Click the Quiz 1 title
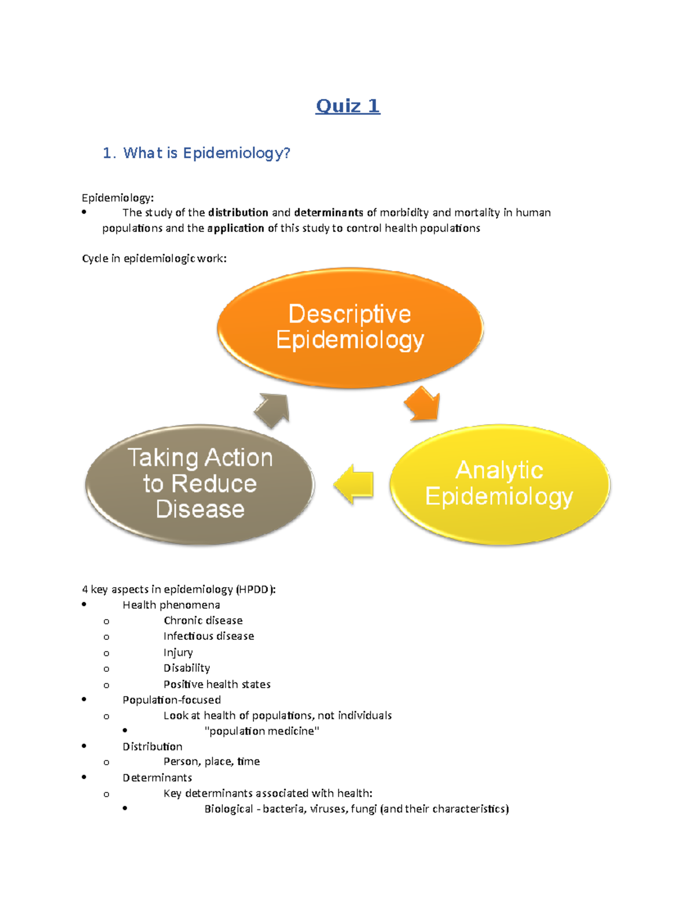pyautogui.click(x=347, y=106)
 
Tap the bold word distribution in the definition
pyautogui.click(x=238, y=213)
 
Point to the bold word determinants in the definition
pyautogui.click(x=328, y=213)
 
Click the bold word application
pyautogui.click(x=235, y=229)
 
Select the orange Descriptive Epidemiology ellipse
pyautogui.click(x=350, y=327)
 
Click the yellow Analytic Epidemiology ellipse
pyautogui.click(x=499, y=484)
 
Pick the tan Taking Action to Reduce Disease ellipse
pyautogui.click(x=200, y=484)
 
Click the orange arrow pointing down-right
pyautogui.click(x=423, y=403)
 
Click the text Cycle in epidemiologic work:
pyautogui.click(x=154, y=259)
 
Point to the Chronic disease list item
pyautogui.click(x=203, y=621)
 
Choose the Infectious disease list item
pyautogui.click(x=208, y=636)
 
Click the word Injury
pyautogui.click(x=177, y=653)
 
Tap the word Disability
pyautogui.click(x=186, y=668)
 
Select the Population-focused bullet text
pyautogui.click(x=171, y=700)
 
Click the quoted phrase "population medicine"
pyautogui.click(x=262, y=731)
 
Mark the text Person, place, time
pyautogui.click(x=211, y=762)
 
